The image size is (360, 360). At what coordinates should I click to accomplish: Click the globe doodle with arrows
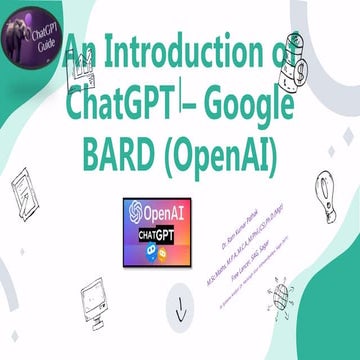coord(282,295)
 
